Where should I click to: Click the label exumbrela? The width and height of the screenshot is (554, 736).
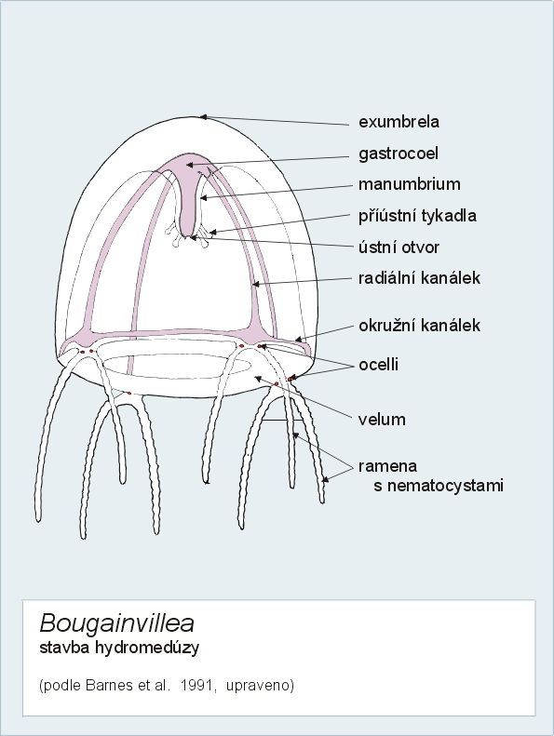point(399,122)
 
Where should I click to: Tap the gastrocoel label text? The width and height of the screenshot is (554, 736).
point(399,154)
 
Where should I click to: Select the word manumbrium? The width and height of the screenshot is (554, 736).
point(410,184)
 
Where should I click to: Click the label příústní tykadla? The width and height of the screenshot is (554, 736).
point(418,216)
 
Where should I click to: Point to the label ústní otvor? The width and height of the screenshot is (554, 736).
point(399,247)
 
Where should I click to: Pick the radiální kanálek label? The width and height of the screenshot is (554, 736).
point(419,278)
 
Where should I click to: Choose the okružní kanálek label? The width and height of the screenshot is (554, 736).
point(419,326)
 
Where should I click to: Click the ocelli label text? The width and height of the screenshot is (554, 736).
point(378,365)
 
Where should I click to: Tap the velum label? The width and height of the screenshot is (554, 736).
point(382,419)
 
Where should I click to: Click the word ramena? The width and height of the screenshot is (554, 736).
point(387,466)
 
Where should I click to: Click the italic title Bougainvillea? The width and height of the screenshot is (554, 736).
point(117,623)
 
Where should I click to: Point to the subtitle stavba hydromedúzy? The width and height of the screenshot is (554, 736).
point(119,648)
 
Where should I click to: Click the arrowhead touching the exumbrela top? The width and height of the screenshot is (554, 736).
point(203,116)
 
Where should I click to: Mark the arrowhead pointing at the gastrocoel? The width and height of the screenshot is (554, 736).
point(189,165)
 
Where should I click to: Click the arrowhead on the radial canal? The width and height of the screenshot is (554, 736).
point(256,284)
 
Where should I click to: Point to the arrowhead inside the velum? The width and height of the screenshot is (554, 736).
point(258,378)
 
